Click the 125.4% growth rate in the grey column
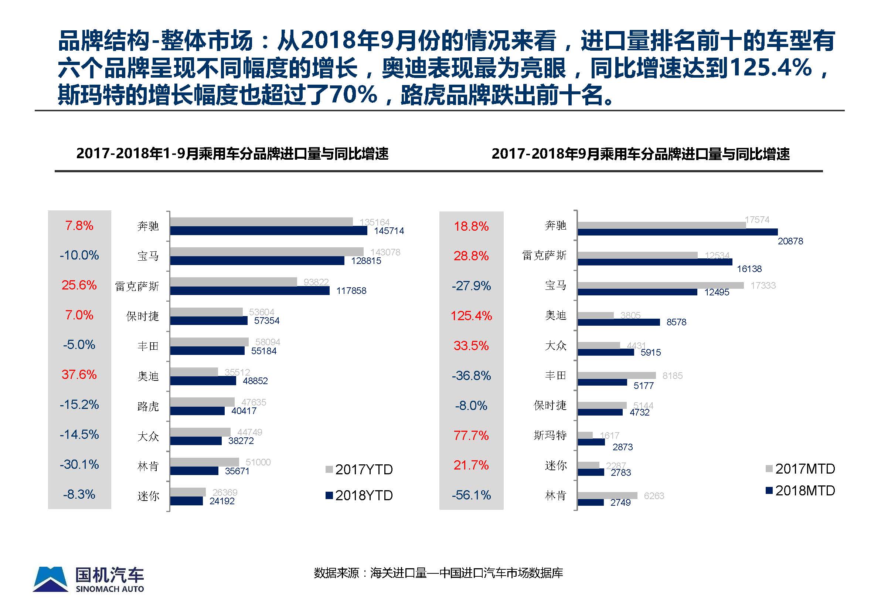(471, 316)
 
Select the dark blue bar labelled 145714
(268, 231)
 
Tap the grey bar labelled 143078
(266, 251)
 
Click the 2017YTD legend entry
(359, 470)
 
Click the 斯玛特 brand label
(550, 436)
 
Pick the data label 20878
(790, 241)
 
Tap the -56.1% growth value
(471, 495)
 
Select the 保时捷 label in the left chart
(142, 316)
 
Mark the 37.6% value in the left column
(79, 375)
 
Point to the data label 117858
(351, 291)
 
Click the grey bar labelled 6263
(607, 495)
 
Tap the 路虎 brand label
(148, 406)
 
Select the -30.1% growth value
(79, 464)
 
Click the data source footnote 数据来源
(438, 573)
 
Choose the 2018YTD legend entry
(359, 495)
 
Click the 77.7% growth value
(471, 436)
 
